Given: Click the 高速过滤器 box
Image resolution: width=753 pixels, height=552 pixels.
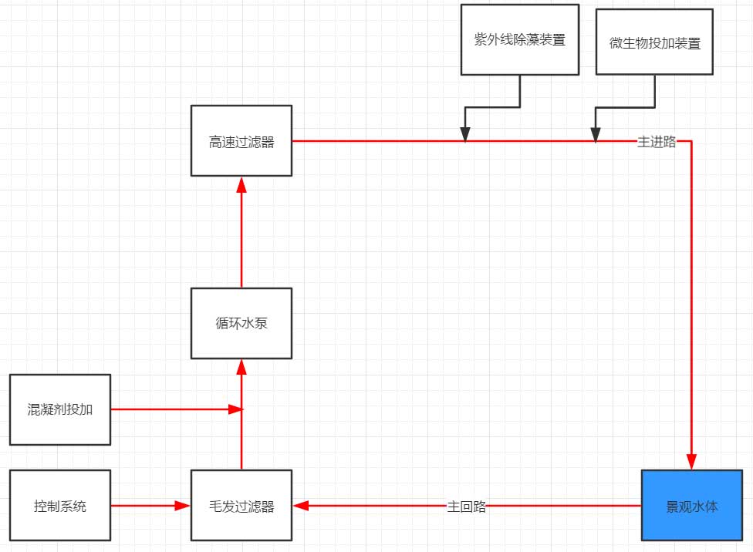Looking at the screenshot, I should click(241, 141).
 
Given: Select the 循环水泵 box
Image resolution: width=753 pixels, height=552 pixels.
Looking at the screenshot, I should click(241, 323).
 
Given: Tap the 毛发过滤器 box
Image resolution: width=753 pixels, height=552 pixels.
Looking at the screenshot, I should click(241, 506).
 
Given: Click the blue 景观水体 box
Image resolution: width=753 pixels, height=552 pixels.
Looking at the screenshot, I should click(691, 506).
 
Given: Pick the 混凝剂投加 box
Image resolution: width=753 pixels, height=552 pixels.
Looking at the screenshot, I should click(60, 409).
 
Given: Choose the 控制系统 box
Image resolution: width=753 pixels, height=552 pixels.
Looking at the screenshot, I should click(60, 506).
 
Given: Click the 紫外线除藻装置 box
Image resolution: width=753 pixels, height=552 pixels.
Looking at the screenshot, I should click(520, 39).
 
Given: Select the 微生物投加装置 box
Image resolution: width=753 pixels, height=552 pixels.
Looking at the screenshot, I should click(655, 42).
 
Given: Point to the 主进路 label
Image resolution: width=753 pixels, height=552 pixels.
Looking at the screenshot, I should click(656, 142).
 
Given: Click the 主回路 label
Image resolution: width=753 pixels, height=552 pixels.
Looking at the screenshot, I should click(467, 507).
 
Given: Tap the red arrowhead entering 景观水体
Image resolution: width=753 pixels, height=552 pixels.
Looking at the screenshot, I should click(691, 463).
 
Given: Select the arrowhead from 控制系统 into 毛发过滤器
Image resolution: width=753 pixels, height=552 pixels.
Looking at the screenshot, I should click(183, 506).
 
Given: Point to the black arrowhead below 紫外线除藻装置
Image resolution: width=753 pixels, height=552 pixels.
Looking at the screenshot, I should click(465, 134).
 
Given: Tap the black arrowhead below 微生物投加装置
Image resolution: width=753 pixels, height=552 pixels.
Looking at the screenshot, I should click(596, 134).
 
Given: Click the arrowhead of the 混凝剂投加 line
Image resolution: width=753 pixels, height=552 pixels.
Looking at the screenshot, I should click(235, 409).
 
